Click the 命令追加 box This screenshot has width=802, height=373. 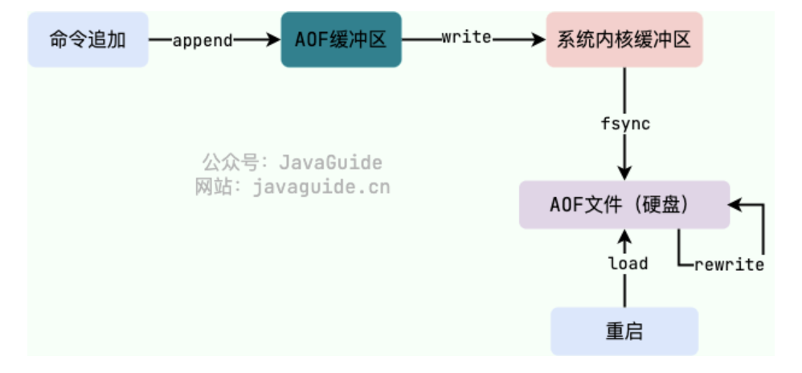click(88, 39)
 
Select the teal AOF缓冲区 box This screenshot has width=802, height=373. click(341, 39)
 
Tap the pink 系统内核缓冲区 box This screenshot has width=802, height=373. click(624, 39)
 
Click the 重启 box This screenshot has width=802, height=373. click(624, 330)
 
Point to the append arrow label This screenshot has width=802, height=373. click(203, 39)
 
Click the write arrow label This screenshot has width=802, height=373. click(466, 38)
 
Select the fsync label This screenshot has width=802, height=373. click(625, 125)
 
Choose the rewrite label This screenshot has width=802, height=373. click(728, 264)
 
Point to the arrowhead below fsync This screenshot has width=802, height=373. click(624, 172)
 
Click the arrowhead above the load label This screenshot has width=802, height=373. click(624, 236)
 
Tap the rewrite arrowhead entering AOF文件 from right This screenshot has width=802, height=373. click(738, 204)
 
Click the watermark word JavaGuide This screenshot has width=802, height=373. click(330, 162)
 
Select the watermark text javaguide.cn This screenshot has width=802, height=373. click(321, 187)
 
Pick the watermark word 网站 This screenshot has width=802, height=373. click(213, 187)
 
